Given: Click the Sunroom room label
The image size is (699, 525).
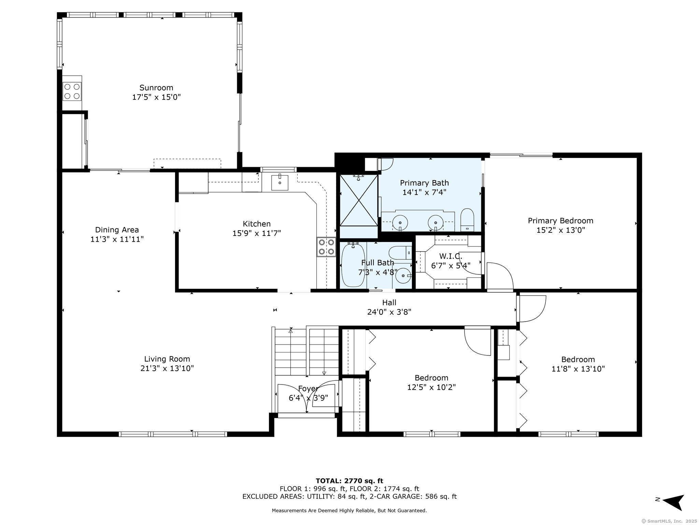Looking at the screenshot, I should [x=156, y=88].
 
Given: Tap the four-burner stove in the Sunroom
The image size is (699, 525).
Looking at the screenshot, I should [x=72, y=91].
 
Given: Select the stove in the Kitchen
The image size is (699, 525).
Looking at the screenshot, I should [x=326, y=247].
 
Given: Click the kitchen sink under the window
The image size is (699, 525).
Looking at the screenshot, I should [x=280, y=183].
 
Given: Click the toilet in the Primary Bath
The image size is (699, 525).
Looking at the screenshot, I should [x=467, y=220].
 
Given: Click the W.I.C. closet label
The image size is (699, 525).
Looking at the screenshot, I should [x=451, y=256].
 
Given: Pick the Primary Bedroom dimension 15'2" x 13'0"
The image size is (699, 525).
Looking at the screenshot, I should [x=560, y=230].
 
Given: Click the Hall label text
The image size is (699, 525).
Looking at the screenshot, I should [x=389, y=302].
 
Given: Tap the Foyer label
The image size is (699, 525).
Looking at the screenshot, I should [x=308, y=389].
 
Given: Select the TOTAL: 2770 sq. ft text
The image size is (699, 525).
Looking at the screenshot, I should [x=349, y=481].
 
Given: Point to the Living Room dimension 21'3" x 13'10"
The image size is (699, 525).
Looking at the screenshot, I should [x=167, y=368].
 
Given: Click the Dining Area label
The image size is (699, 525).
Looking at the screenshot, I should [x=117, y=230].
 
